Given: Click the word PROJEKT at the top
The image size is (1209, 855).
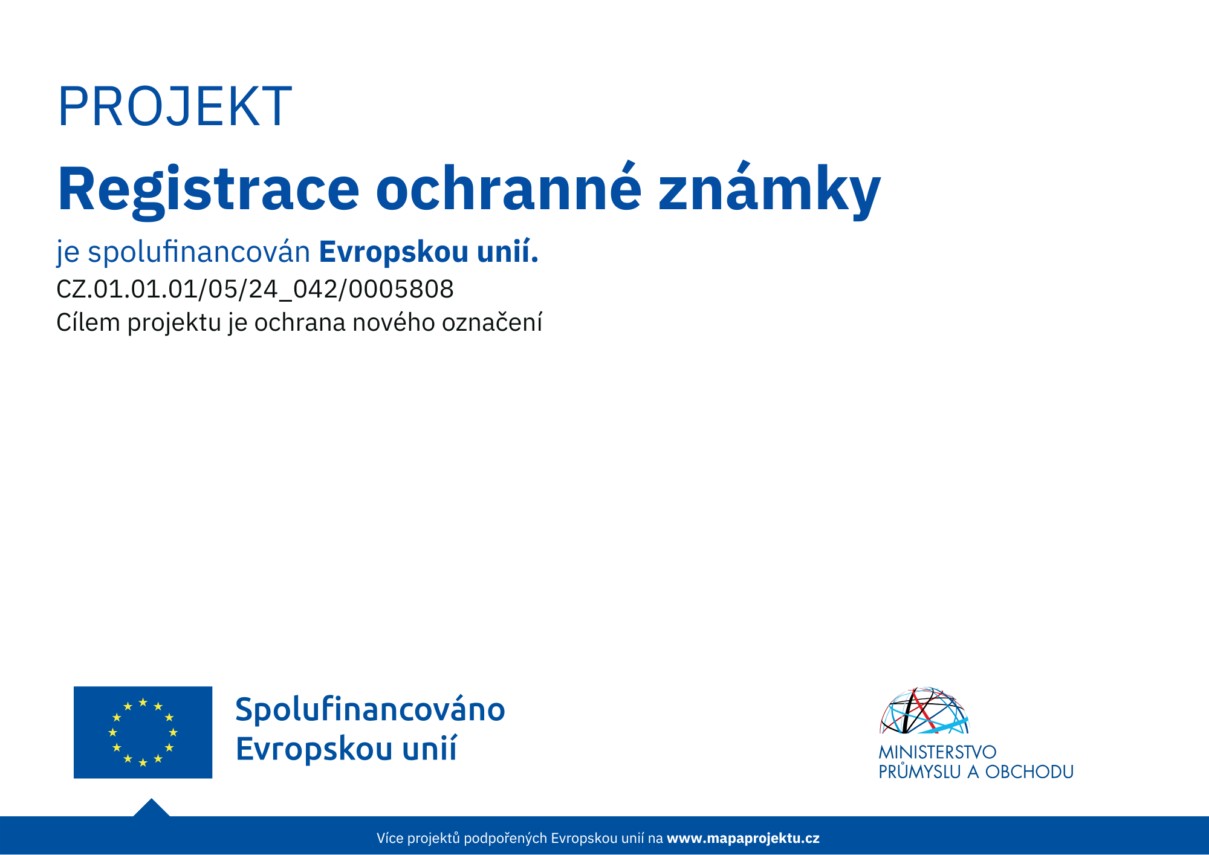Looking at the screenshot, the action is (175, 106).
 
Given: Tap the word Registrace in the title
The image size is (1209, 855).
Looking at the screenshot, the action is (209, 190).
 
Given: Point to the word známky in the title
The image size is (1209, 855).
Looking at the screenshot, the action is (770, 189).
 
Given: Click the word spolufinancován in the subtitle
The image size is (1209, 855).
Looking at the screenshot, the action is (199, 252).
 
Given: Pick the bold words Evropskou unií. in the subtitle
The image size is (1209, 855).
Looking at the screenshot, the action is (429, 252).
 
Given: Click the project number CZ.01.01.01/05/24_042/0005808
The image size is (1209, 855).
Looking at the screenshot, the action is (254, 290).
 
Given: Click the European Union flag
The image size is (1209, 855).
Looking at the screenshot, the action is (143, 732).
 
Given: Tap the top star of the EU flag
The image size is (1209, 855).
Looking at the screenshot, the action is (143, 702).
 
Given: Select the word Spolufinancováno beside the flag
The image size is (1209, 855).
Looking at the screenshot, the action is (370, 710).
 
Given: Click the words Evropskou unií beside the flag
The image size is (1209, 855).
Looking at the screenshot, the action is (346, 749).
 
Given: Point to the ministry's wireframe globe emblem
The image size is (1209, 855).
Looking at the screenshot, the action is (924, 710).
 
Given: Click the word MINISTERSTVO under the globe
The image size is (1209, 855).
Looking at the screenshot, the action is (938, 752).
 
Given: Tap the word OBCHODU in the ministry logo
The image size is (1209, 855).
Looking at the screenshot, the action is (1029, 772).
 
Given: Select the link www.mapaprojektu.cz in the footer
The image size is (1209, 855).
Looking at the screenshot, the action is (743, 838).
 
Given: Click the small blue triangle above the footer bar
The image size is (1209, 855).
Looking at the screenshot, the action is (151, 808).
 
